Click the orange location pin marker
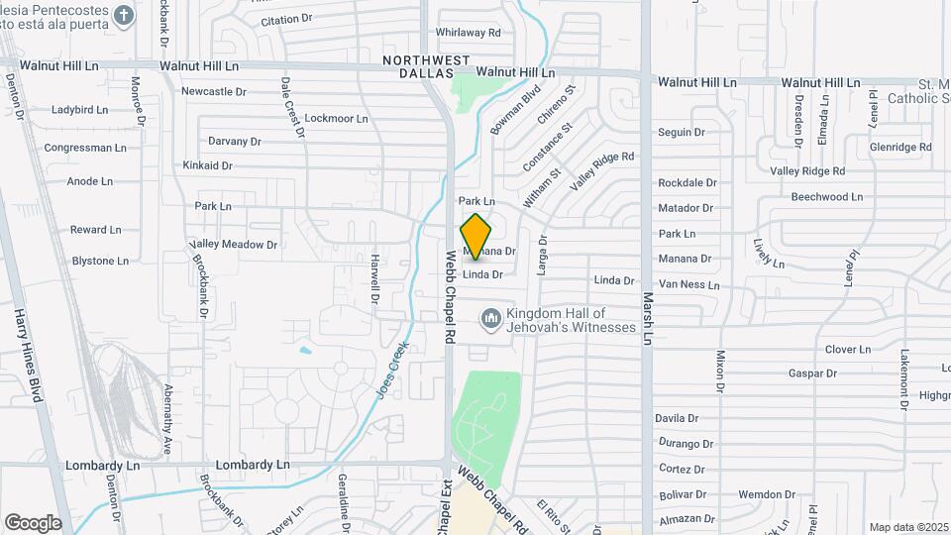coord(476,236)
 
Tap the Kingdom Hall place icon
coord(489,319)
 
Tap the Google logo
coord(33,522)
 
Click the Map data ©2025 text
coord(908,527)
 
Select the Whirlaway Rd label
coord(468,33)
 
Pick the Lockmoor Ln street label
coord(336,118)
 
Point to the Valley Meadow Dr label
coord(234,245)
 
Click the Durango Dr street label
coord(685,444)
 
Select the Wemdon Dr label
coord(761,493)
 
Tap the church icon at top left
coord(123,15)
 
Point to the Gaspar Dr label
coord(813,374)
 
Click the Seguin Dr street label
coord(682,132)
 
